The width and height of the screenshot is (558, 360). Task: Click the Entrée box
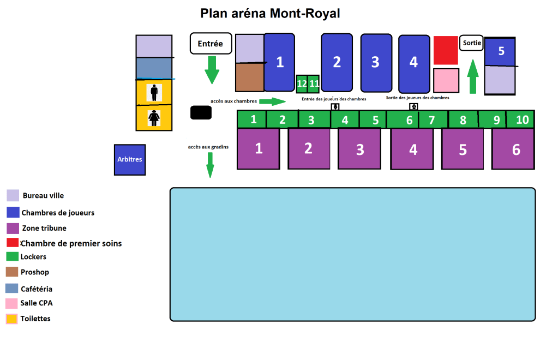click(211, 44)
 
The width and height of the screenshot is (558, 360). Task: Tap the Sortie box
click(471, 43)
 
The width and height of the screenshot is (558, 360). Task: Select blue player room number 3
click(376, 62)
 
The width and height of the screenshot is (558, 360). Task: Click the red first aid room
click(446, 50)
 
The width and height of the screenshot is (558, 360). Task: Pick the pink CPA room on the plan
click(446, 80)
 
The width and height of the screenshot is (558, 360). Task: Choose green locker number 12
click(302, 83)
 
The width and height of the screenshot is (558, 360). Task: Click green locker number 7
click(432, 120)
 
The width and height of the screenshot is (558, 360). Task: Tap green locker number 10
click(522, 119)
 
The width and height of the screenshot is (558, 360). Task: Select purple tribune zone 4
click(413, 149)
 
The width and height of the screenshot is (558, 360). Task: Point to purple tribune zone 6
click(515, 149)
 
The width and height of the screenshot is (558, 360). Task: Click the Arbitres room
click(130, 160)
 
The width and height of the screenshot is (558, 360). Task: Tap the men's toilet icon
click(154, 92)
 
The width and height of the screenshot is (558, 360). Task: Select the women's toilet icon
click(154, 118)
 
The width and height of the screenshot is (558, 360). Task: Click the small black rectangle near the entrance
click(201, 112)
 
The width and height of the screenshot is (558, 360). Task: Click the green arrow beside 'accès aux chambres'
click(272, 101)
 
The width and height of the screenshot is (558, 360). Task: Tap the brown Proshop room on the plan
click(250, 77)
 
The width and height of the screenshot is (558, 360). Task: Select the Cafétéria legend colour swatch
click(12, 289)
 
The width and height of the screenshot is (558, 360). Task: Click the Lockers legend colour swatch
click(12, 256)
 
